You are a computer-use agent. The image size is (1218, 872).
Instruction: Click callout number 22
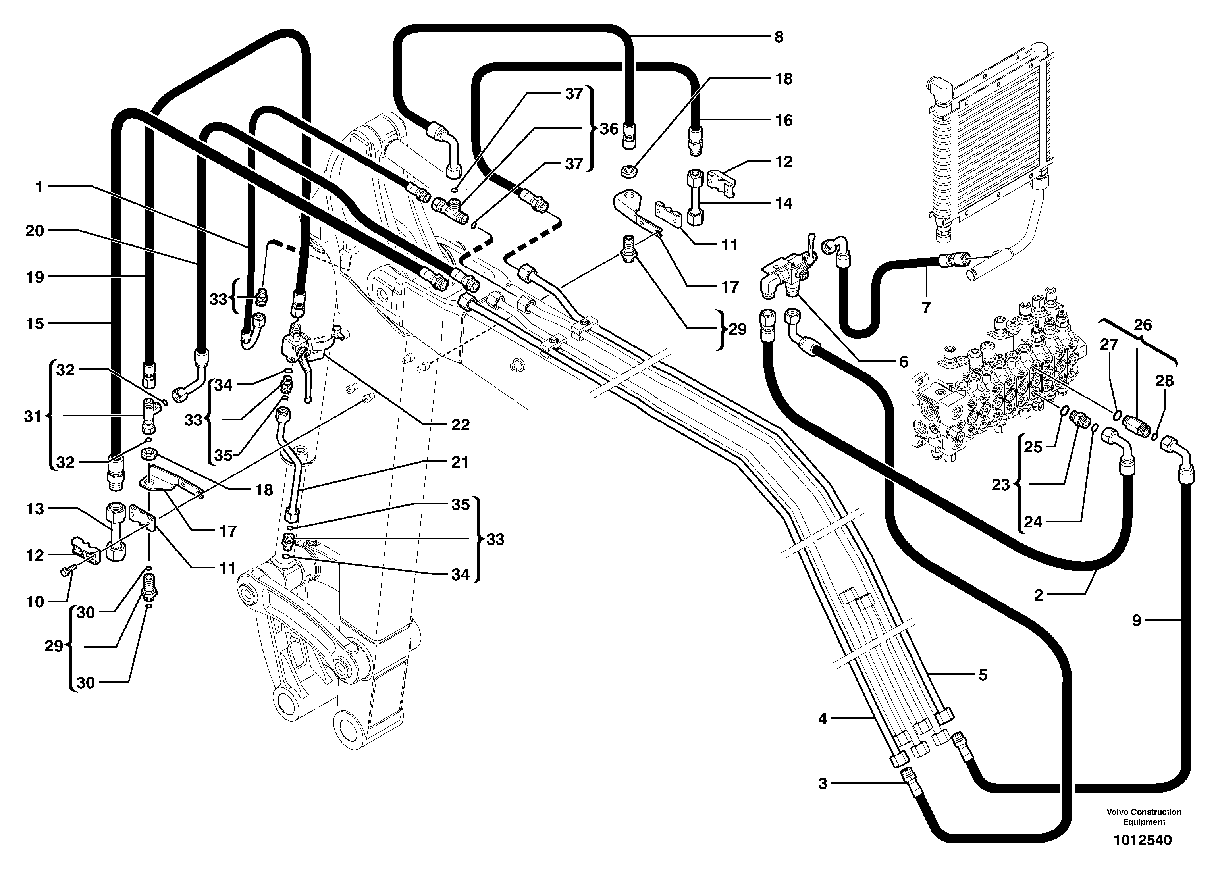coord(460,425)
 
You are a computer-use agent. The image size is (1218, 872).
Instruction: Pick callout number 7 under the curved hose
coord(925,307)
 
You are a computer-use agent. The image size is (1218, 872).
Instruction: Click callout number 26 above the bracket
coord(1143,324)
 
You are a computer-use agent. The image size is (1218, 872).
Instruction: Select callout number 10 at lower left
coord(35,602)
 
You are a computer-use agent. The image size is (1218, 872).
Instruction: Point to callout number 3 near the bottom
coord(823,783)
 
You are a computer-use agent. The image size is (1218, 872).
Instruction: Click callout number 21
coord(460,462)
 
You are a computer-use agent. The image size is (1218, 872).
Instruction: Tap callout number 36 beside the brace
coord(609,129)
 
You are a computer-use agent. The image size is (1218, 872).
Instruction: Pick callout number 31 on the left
coord(33,416)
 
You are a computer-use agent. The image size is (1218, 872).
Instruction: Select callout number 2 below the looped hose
coord(1038,595)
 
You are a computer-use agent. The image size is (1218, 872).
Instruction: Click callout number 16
coord(784,120)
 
